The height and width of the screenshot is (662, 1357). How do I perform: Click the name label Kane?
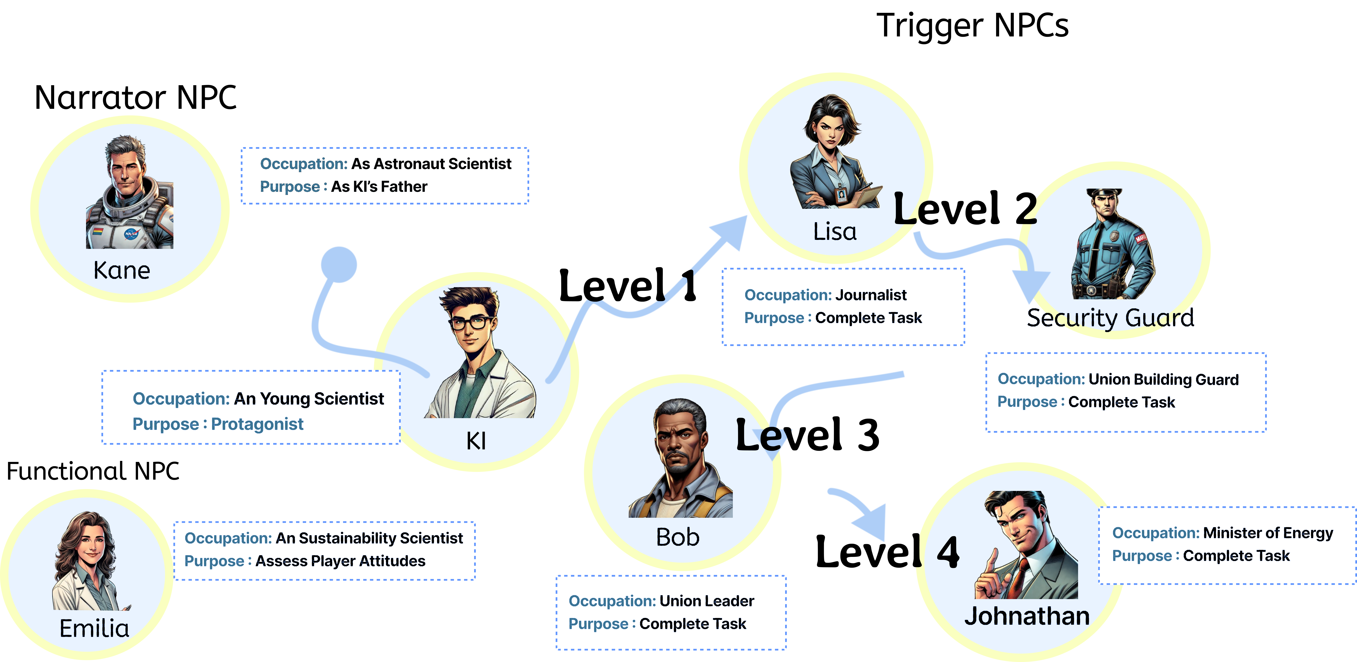[122, 271]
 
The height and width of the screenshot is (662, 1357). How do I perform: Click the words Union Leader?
[706, 601]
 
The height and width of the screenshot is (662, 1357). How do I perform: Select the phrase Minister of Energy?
[1268, 533]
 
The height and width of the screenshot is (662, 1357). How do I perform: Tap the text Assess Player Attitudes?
[340, 561]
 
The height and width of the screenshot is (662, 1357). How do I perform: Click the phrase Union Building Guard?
[1163, 379]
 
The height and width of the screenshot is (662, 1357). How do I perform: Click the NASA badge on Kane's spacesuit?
[131, 233]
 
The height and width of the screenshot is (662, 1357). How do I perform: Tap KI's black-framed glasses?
[470, 322]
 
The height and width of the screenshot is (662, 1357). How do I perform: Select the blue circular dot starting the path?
[339, 264]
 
